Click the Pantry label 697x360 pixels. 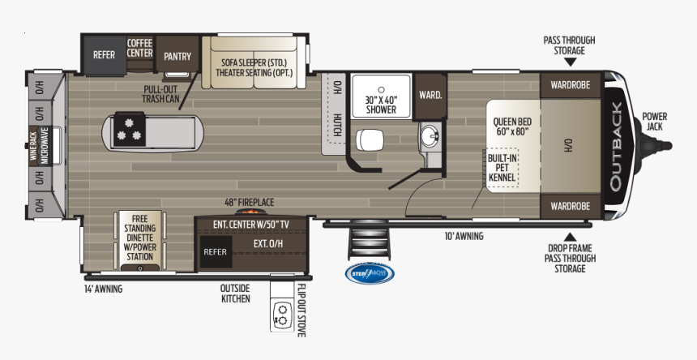tap(177, 56)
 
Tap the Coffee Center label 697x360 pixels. tap(139, 48)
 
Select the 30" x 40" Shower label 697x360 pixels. tap(381, 105)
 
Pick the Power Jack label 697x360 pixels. tap(655, 121)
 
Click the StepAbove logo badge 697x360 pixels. tap(370, 273)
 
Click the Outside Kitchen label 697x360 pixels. tap(235, 293)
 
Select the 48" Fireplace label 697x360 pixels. tap(250, 202)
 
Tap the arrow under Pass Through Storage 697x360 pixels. tap(571, 61)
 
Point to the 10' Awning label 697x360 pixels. tap(464, 237)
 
